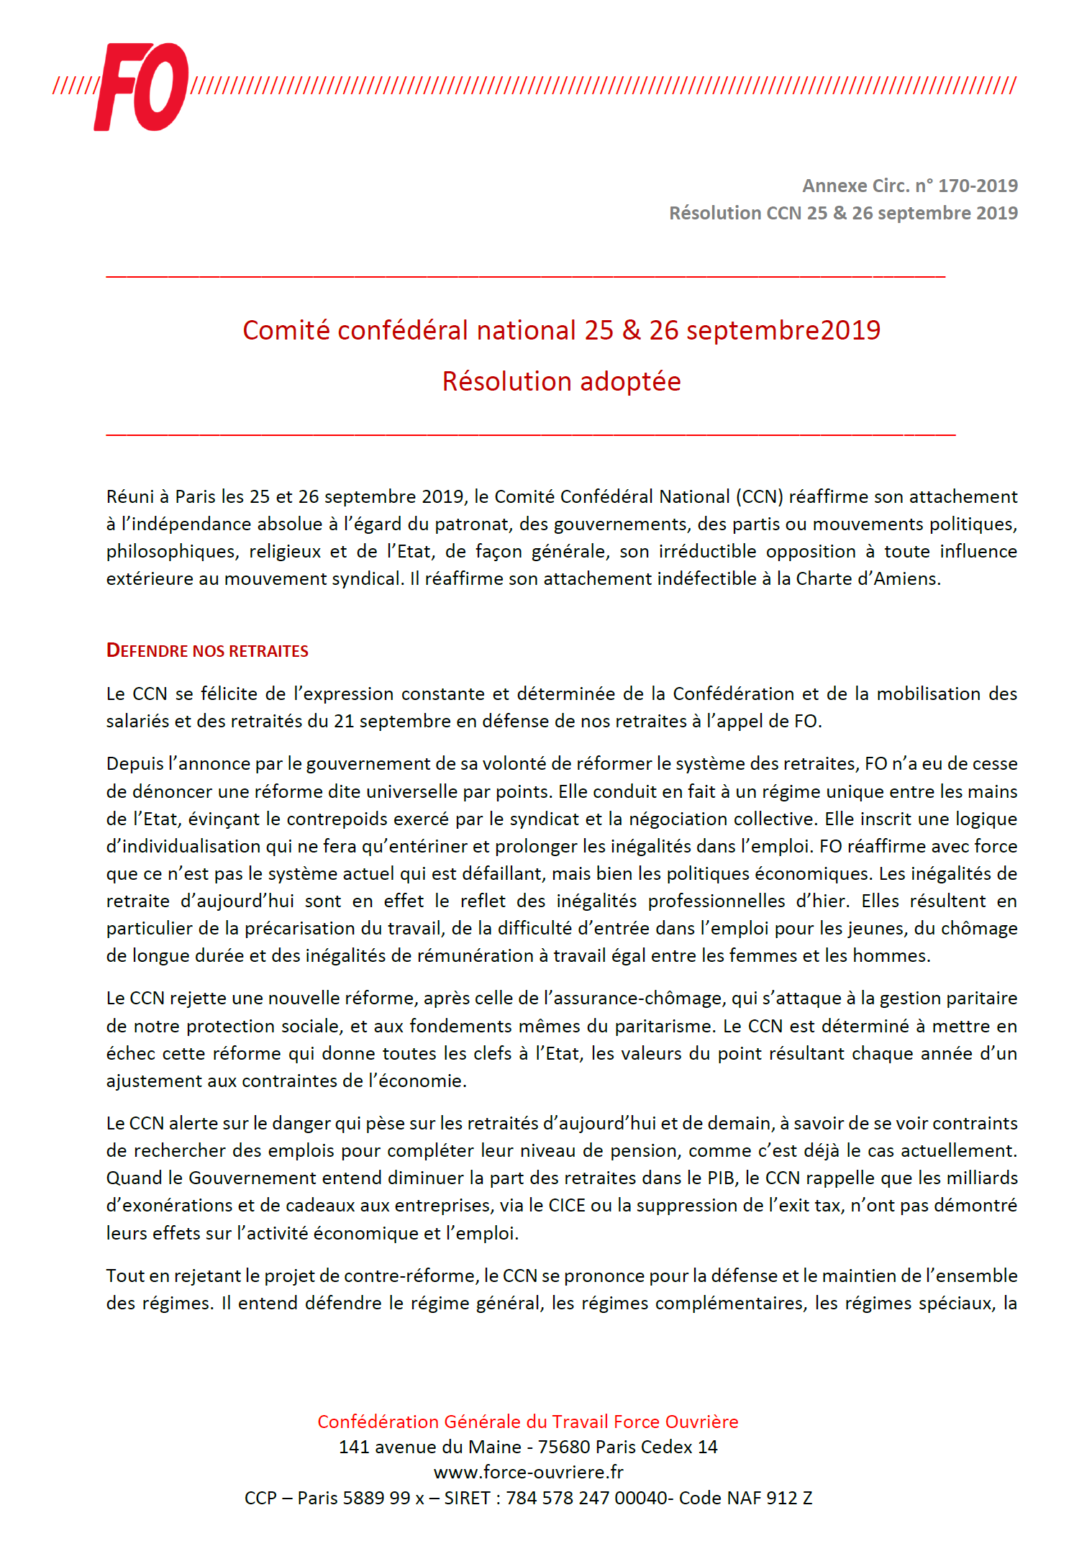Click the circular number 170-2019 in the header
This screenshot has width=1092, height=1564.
click(x=978, y=186)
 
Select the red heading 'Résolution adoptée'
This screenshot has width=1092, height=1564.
click(x=561, y=381)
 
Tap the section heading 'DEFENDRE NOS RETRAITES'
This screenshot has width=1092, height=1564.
click(x=207, y=651)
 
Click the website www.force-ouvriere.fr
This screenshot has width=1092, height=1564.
click(x=529, y=1472)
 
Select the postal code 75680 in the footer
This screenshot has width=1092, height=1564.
click(x=564, y=1447)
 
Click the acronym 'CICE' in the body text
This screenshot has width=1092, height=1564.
click(x=567, y=1205)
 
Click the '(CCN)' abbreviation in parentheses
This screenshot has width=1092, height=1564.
click(x=760, y=497)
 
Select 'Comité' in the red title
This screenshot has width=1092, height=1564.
click(x=286, y=330)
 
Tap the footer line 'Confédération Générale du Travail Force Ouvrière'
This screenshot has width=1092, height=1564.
click(x=528, y=1422)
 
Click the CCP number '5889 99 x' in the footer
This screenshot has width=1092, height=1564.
click(x=383, y=1498)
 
